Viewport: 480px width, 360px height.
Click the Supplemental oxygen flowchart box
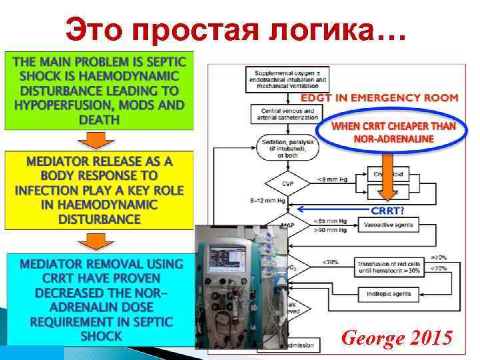pos(286,77)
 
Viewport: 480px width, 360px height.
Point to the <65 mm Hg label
pos(330,221)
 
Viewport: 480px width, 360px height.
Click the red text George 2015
pos(396,338)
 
